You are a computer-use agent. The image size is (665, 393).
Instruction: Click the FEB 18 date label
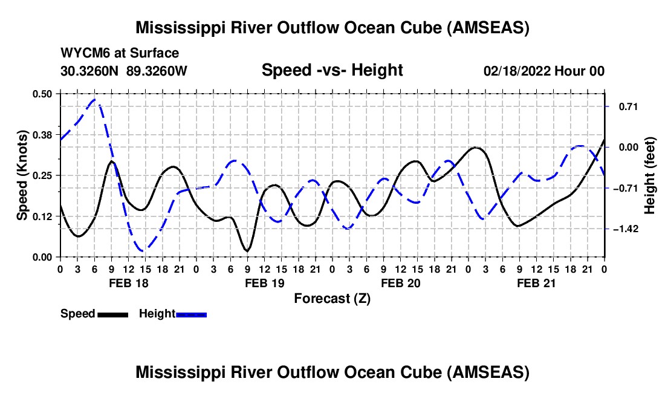click(x=128, y=283)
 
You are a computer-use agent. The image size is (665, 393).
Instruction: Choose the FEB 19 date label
click(x=264, y=283)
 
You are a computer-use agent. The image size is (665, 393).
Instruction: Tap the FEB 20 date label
click(x=400, y=283)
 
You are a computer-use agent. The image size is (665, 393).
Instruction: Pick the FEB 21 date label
click(x=536, y=283)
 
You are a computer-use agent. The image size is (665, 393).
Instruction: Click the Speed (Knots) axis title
click(x=22, y=175)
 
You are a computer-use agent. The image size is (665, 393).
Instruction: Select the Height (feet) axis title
click(x=650, y=175)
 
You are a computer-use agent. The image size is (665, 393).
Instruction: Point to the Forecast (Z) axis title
click(x=332, y=298)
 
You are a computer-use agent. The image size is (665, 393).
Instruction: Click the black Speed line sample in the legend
click(x=112, y=314)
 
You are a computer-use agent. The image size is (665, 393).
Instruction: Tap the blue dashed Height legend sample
click(x=192, y=314)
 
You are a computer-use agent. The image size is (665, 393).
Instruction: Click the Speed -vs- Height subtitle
click(x=332, y=70)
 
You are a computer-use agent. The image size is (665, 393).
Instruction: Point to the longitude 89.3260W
click(x=157, y=71)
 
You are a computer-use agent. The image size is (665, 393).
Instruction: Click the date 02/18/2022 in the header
click(x=516, y=71)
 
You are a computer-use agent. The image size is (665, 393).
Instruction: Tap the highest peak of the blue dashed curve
click(x=94, y=99)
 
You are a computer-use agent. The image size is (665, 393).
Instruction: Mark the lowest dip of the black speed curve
click(x=247, y=250)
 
